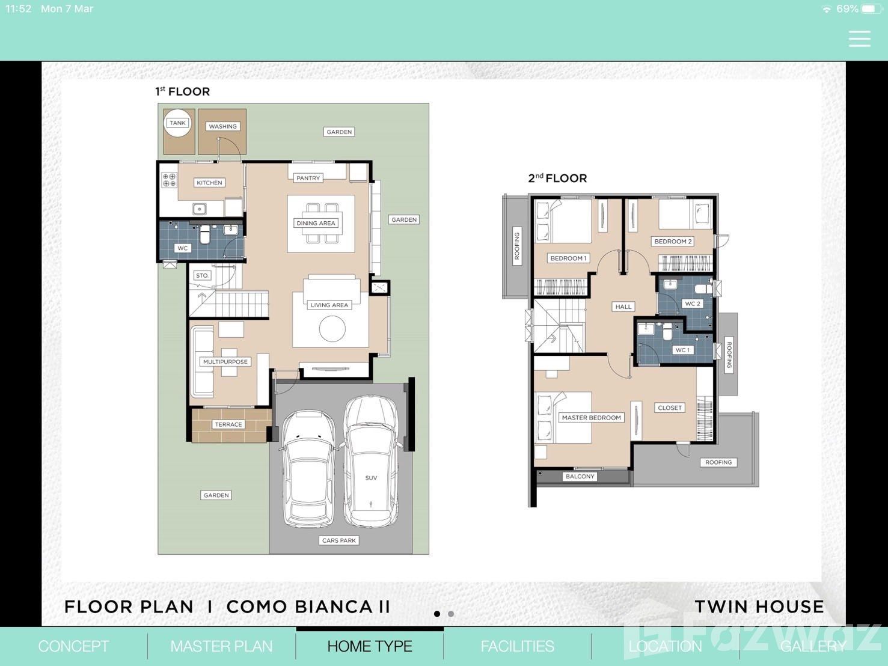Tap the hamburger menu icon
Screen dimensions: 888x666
[x=859, y=39]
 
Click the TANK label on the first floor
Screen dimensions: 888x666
[x=177, y=123]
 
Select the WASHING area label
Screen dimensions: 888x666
[x=222, y=127]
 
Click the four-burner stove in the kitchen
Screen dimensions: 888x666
[x=169, y=180]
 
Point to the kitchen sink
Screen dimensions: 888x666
[x=199, y=209]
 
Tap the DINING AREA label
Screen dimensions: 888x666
[x=316, y=223]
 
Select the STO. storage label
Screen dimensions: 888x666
[x=202, y=276]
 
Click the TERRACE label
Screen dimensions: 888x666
[x=228, y=424]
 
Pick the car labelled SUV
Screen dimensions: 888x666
[x=370, y=461]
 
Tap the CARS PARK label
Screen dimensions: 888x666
[x=339, y=540]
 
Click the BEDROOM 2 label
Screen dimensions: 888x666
[x=673, y=242]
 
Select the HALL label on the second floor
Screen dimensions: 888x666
[x=623, y=307]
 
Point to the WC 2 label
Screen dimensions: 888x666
[x=692, y=304]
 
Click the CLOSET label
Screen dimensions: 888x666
[x=670, y=408]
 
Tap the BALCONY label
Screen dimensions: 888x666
[x=580, y=477]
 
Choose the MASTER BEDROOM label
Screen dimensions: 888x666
[x=591, y=418]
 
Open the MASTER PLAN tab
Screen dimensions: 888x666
[x=221, y=646]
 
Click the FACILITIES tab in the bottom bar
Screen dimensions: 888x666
[x=518, y=646]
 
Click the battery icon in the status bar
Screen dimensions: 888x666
[x=871, y=9]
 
